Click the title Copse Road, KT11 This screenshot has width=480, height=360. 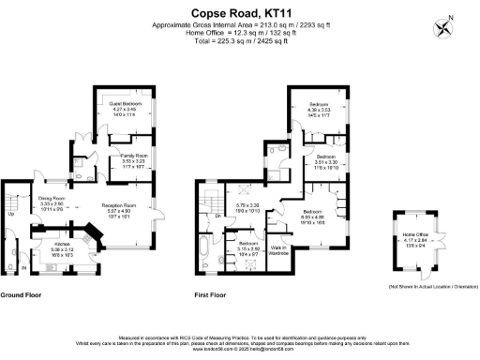pos(240,11)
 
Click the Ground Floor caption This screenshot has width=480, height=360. pos(24,294)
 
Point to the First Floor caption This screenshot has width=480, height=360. pos(212,294)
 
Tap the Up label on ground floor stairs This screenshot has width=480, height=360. pos(10,214)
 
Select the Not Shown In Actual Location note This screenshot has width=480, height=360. pos(428,286)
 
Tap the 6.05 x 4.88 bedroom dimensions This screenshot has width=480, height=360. pos(312,217)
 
